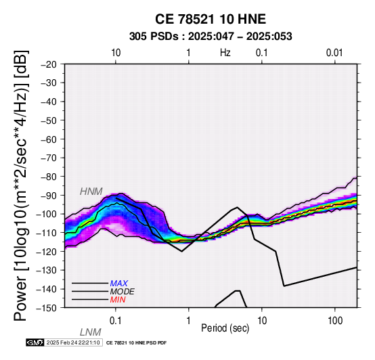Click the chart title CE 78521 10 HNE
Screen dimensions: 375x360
pos(211,19)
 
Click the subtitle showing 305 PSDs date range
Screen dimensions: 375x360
pos(211,37)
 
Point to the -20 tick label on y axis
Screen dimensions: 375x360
pos(49,64)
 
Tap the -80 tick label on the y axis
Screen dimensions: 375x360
pos(49,177)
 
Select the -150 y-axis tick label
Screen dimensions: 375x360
pos(47,308)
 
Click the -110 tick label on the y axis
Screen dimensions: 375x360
pos(47,233)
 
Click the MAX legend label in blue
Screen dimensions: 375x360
pos(119,284)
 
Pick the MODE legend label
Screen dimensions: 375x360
pos(123,292)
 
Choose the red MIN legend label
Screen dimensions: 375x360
pos(118,300)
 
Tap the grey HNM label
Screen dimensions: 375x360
pos(91,192)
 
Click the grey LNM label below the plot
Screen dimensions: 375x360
pos(91,332)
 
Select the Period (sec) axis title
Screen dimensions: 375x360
pos(225,328)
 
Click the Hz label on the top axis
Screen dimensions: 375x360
pos(225,53)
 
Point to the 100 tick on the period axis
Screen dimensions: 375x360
pos(335,321)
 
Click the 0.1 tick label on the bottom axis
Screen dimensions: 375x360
pos(116,321)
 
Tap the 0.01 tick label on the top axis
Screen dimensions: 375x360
pos(334,53)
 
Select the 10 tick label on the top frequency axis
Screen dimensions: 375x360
pos(116,53)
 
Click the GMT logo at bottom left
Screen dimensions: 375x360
pos(35,342)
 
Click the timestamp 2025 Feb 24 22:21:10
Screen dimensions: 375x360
pos(73,342)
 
